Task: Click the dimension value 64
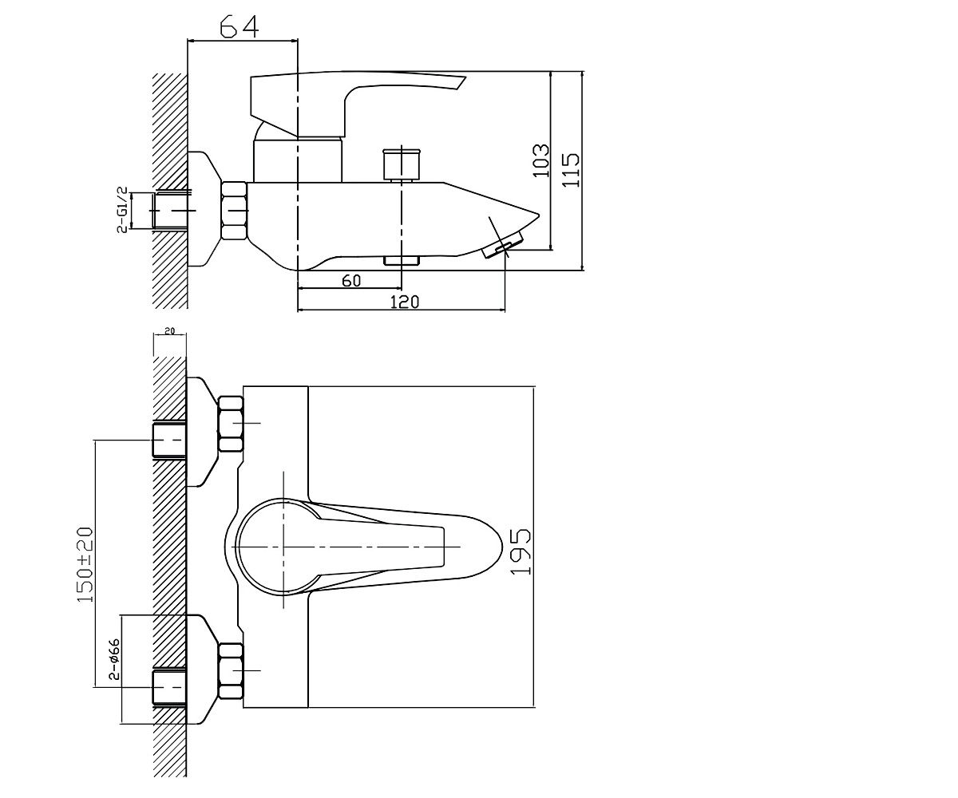239,26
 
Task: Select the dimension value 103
540,160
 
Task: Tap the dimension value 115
571,170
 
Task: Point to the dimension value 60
351,281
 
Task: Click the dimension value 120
404,302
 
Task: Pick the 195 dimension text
521,551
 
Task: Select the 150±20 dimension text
85,564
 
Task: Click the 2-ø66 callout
114,658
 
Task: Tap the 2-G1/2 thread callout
122,210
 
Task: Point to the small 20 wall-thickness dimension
169,330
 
